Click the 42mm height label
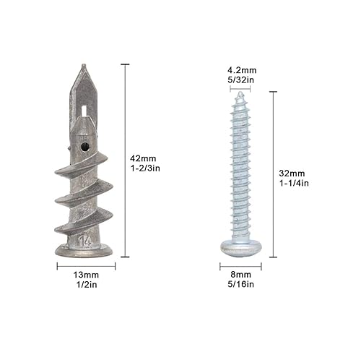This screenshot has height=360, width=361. pos(142,158)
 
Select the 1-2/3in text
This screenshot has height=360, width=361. pos(144,168)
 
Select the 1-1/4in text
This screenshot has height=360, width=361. pos(294,184)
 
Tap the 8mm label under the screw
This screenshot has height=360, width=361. pos(240,275)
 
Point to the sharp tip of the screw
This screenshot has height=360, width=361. pos(240,93)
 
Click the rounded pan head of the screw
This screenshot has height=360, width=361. pos(240,247)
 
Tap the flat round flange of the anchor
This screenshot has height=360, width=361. pos(84,250)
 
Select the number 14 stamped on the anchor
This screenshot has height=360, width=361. pos(85,237)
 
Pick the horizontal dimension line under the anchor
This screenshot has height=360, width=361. pos(84,265)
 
